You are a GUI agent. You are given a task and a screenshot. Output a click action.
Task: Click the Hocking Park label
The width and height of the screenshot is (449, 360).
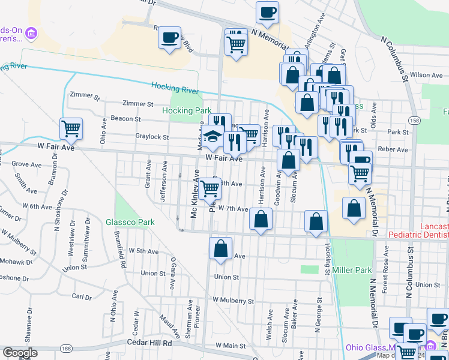click(x=187, y=110)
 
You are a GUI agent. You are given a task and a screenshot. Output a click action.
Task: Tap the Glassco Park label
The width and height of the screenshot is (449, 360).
click(x=130, y=222)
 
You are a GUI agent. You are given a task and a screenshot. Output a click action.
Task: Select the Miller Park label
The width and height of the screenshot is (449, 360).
click(x=352, y=271)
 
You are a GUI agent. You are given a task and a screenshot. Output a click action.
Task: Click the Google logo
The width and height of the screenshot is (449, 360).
click(x=20, y=353)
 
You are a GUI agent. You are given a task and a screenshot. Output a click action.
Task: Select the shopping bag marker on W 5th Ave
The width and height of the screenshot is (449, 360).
click(x=221, y=249)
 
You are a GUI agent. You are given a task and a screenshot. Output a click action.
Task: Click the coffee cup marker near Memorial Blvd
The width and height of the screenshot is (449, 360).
click(x=170, y=38)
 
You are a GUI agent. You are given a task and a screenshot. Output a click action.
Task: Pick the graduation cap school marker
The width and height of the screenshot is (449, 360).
click(x=212, y=137)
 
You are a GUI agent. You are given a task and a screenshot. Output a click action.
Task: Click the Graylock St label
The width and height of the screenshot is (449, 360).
click(x=152, y=137)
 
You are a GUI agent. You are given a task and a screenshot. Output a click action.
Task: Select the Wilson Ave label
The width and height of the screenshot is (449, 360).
click(x=426, y=75)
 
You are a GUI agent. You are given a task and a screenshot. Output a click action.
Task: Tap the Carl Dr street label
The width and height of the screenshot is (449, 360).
click(x=81, y=296)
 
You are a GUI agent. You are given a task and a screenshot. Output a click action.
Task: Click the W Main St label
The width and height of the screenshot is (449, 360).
click(x=231, y=346)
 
